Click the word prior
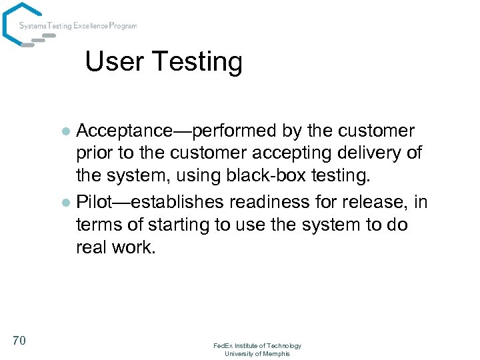(x=95, y=154)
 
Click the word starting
(x=175, y=224)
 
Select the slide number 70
(x=19, y=341)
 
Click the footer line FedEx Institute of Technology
(x=257, y=345)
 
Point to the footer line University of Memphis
(x=257, y=353)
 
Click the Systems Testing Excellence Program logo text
(x=78, y=26)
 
